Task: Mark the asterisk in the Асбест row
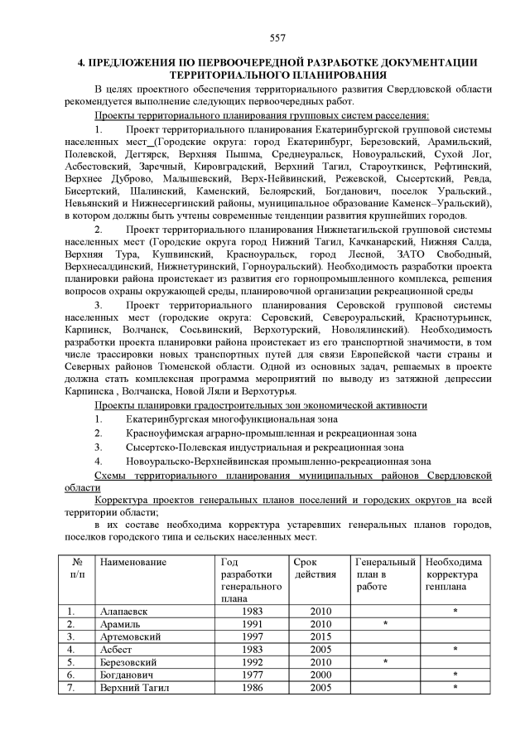[455, 650]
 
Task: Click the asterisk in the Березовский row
[385, 662]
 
